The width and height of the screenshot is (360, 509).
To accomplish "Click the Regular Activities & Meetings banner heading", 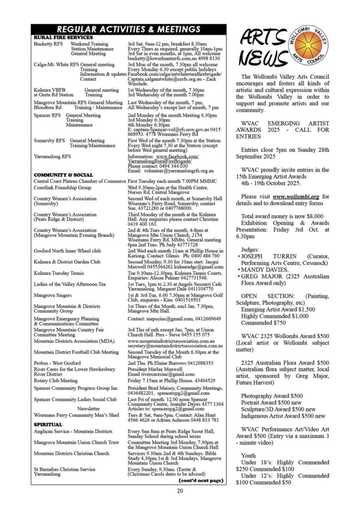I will pos(129,29).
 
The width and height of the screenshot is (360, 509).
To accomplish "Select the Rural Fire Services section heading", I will pos(64,37).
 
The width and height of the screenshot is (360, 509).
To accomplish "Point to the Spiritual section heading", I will pos(48,424).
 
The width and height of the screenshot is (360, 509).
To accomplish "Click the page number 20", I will pos(180,491).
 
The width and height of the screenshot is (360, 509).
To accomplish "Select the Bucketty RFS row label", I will pos(46,44).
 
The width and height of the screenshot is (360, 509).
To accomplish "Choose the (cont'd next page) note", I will pos(201,480).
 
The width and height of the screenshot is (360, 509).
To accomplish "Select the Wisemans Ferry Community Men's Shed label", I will pos(76,415).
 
